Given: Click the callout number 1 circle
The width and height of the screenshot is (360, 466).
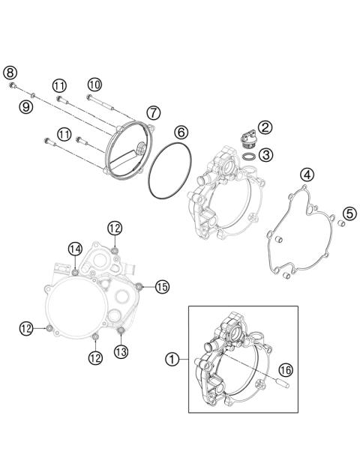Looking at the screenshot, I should pos(172,359).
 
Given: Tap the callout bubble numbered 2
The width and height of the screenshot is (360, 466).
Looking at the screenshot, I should pos(265,127).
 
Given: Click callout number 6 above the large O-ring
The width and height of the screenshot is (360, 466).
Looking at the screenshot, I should pos(181,132).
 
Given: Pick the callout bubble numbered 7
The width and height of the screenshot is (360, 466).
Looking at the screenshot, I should pos(153,112).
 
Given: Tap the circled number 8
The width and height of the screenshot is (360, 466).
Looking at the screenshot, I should pos(9,72).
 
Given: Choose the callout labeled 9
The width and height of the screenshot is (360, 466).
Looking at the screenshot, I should pos(26,108).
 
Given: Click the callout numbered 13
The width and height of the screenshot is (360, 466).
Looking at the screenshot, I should pos(120,350).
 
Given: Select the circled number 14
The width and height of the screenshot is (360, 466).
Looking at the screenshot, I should pos(75,248).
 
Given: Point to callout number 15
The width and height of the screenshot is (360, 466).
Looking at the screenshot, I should pos(162,285).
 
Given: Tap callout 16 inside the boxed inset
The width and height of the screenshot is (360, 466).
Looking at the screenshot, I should pos(285,369).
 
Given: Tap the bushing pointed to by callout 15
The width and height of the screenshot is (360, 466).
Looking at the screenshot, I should pos(139,285).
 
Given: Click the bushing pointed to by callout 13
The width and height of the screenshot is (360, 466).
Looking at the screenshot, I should pos(120,330).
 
